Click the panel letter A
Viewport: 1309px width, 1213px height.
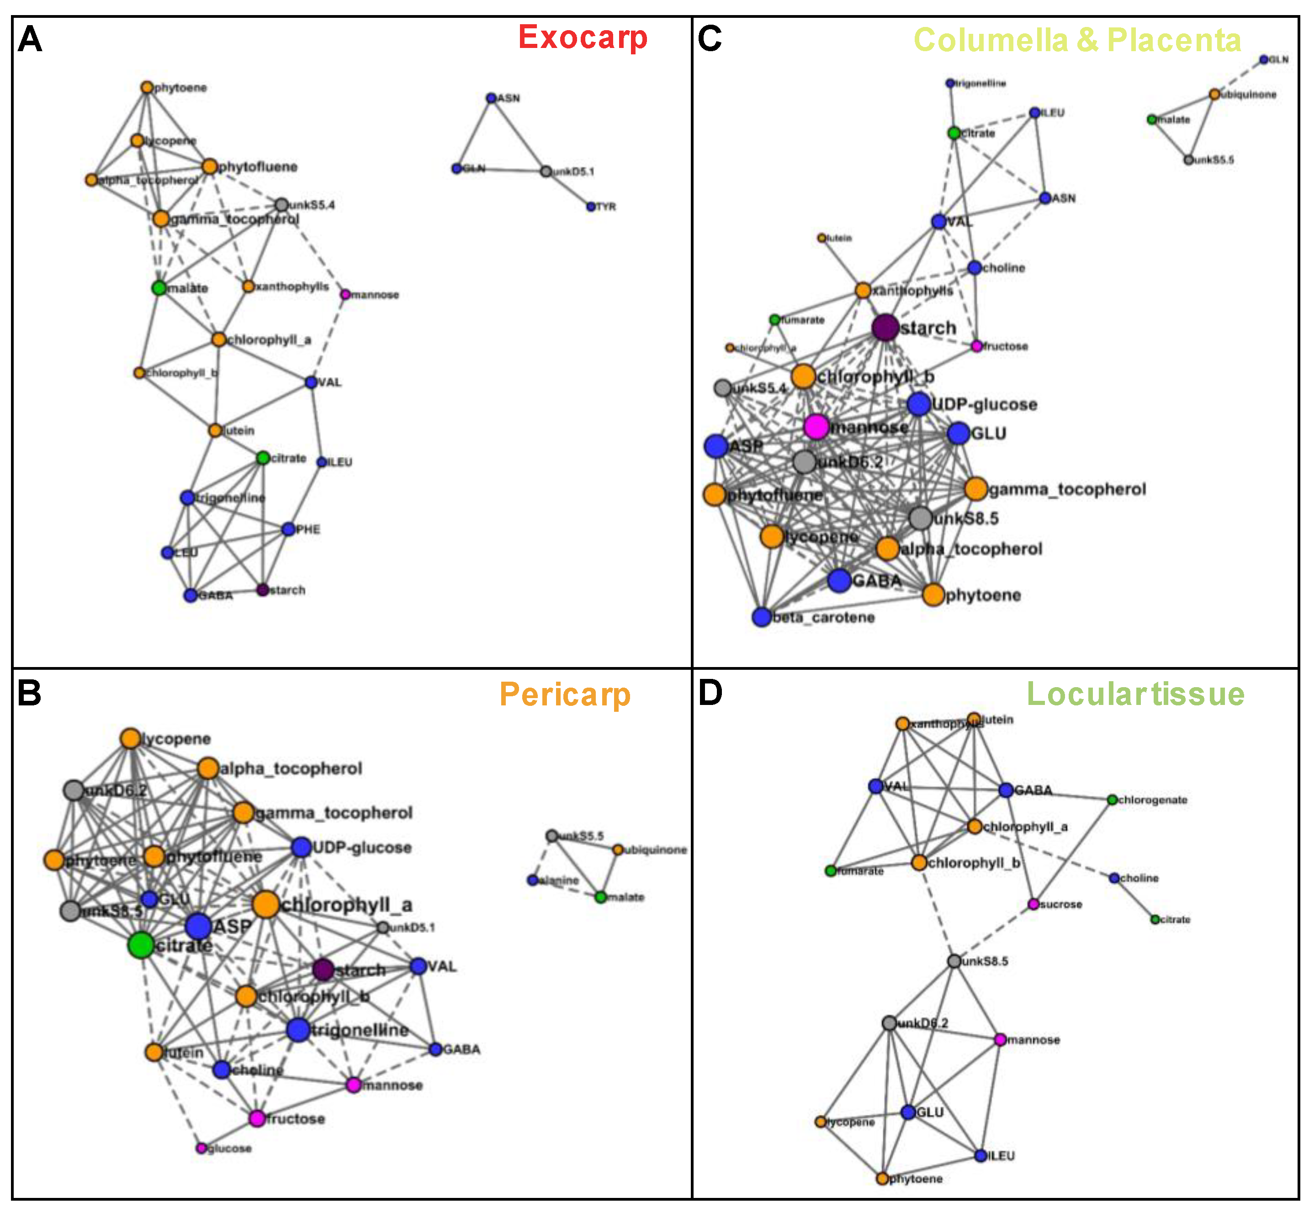click(x=30, y=39)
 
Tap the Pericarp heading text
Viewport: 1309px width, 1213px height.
click(x=565, y=694)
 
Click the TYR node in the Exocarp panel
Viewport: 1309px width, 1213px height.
click(x=591, y=207)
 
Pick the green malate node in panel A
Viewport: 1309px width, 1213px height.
click(x=159, y=287)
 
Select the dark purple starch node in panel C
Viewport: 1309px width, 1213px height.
click(x=885, y=328)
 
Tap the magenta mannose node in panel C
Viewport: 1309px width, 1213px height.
click(x=816, y=427)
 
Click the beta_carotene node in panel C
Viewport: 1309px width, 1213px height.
click(x=762, y=617)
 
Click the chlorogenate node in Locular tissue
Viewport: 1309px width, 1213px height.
click(x=1112, y=800)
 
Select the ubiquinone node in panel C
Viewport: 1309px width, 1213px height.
click(x=1214, y=95)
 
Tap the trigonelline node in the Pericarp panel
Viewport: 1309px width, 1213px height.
click(x=298, y=1029)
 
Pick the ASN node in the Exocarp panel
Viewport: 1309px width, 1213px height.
click(x=491, y=98)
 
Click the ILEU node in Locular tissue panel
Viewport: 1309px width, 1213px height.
click(x=981, y=1155)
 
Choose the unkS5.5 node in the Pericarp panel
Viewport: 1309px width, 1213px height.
click(x=552, y=836)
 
